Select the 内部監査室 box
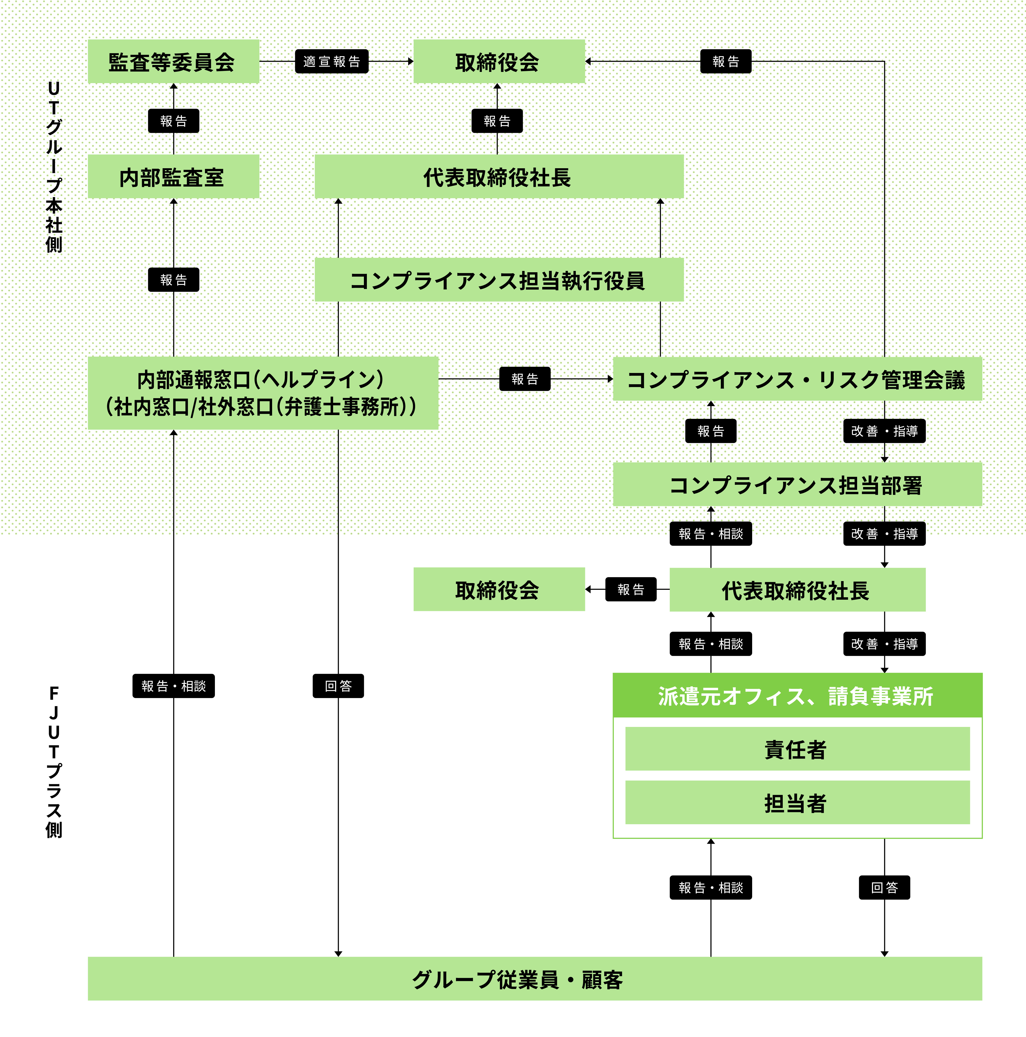pos(173,177)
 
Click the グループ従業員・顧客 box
pos(534,979)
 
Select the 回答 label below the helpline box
pos(338,685)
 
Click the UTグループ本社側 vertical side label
pos(54,166)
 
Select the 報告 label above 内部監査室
pos(173,121)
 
